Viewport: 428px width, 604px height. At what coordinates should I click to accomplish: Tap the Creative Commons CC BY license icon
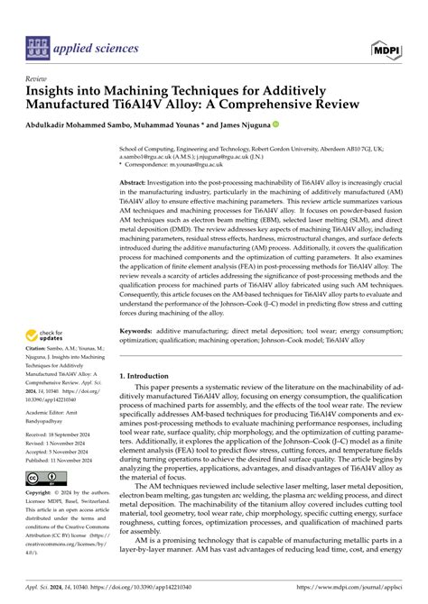[x=45, y=477]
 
